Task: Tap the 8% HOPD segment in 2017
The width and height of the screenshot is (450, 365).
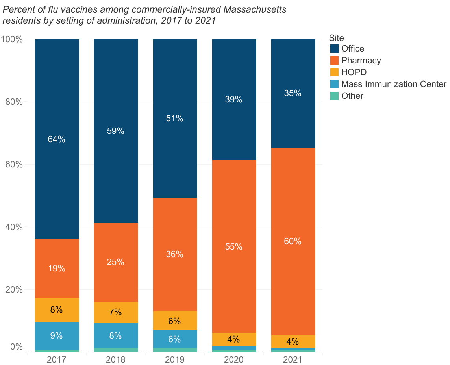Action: pyautogui.click(x=57, y=310)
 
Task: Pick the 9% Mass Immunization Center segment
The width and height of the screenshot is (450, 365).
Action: pyautogui.click(x=57, y=336)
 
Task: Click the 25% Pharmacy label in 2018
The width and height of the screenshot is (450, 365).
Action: pyautogui.click(x=116, y=262)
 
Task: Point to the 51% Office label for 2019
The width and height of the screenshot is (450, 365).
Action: pyautogui.click(x=175, y=119)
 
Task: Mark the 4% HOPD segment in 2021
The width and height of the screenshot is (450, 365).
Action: pyautogui.click(x=293, y=341)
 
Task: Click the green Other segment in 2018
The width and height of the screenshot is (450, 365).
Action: pyautogui.click(x=116, y=350)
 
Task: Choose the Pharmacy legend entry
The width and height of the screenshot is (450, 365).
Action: pyautogui.click(x=361, y=61)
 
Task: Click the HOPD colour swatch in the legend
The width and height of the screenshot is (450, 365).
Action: pyautogui.click(x=334, y=72)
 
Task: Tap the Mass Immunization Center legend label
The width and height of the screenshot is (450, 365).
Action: pyautogui.click(x=394, y=84)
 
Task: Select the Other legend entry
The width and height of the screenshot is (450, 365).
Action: pyautogui.click(x=352, y=96)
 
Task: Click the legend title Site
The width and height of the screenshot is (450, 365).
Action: pyautogui.click(x=337, y=38)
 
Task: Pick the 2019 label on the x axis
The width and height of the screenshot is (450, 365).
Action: pyautogui.click(x=175, y=360)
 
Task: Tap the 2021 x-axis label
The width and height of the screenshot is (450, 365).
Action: pyautogui.click(x=293, y=360)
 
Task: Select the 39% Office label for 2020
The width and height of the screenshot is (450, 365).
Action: pyautogui.click(x=234, y=100)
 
